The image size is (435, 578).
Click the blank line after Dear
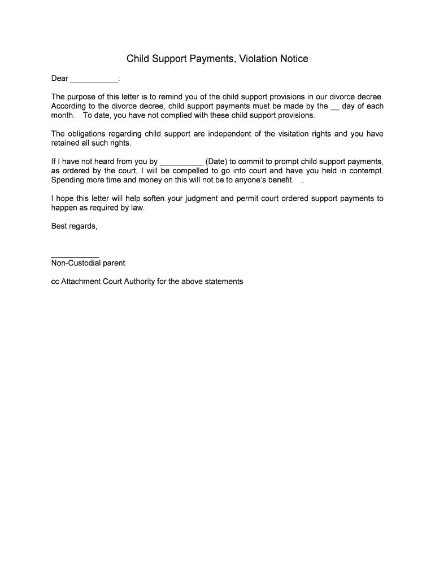coord(94,80)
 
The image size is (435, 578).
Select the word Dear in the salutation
coord(60,78)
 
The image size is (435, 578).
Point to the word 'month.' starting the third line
coord(63,115)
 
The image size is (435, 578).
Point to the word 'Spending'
coord(69,180)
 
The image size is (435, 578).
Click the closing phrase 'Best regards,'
coord(74,226)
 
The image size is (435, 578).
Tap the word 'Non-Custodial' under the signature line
coord(76,263)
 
